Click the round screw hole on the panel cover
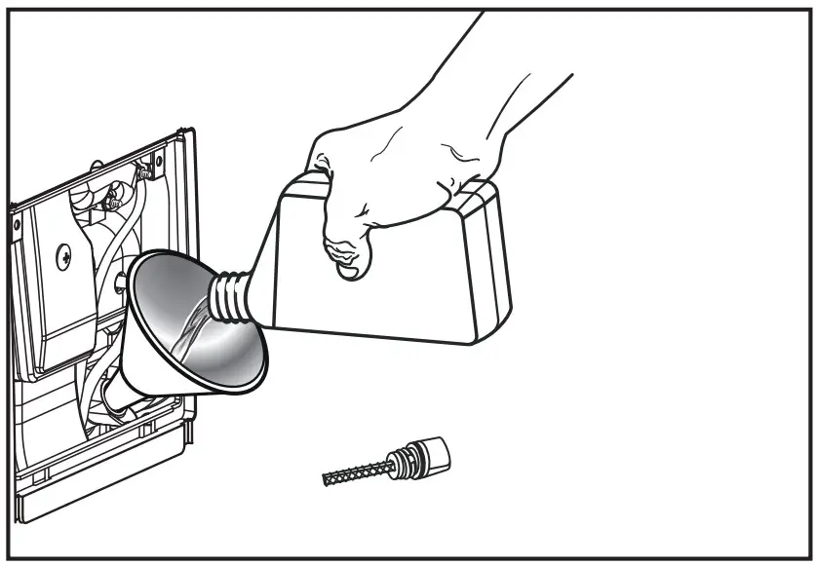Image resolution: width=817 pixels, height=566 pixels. (63, 256)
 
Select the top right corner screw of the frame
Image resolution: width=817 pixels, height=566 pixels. (146, 173)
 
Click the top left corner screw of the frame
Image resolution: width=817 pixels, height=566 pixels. (17, 225)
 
